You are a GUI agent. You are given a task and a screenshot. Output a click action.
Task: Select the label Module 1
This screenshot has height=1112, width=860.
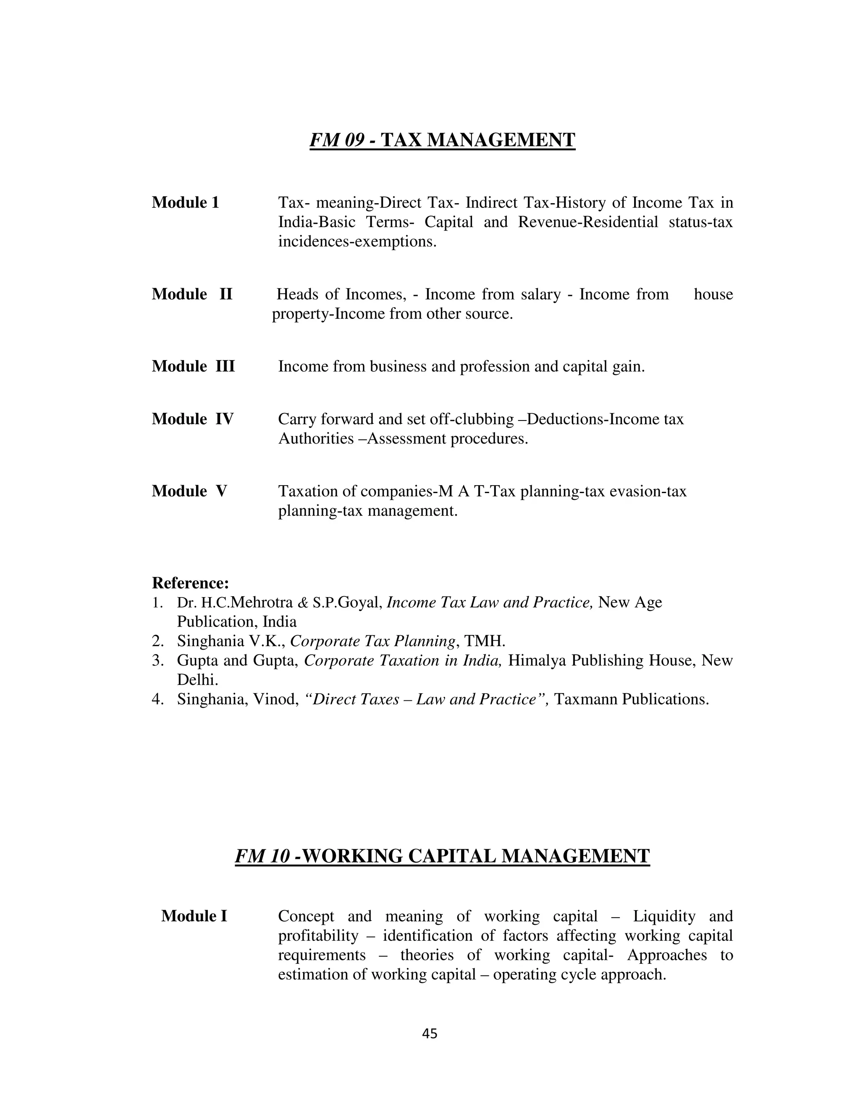186,203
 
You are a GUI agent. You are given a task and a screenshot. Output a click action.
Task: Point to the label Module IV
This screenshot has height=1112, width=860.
193,419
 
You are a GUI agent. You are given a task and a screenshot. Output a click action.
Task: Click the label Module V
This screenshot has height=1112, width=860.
189,491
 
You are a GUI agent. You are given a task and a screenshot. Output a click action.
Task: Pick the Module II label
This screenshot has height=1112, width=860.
192,294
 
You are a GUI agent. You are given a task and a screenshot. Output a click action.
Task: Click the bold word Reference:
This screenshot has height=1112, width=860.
191,582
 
